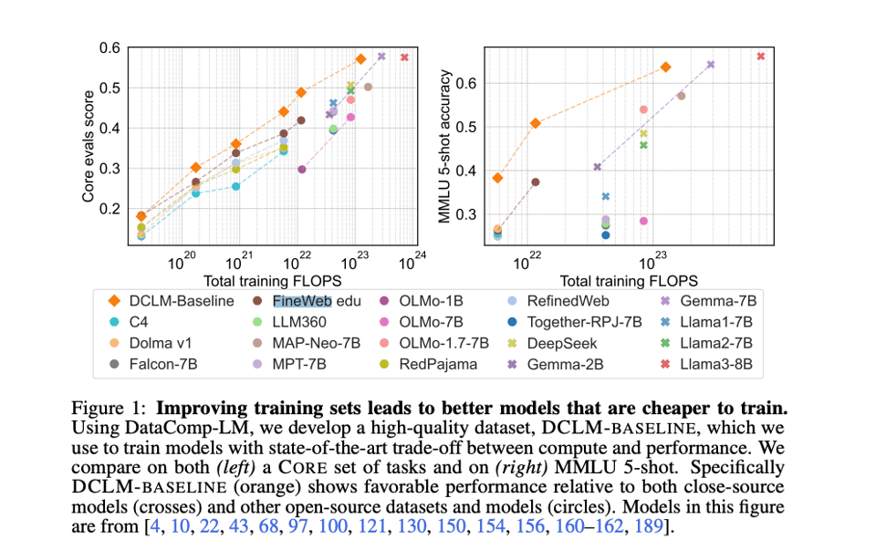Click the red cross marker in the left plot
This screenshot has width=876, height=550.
pos(404,57)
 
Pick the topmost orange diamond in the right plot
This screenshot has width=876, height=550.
pos(665,67)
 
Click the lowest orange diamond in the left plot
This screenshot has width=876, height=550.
pos(141,216)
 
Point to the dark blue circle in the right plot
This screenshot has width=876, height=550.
pos(605,235)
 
